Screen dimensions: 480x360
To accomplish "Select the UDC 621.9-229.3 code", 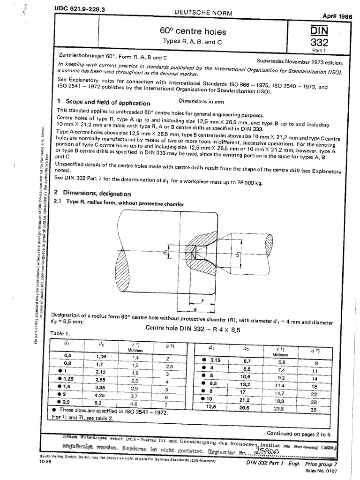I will click(76, 9).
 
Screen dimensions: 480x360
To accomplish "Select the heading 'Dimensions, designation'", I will click(101, 193).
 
